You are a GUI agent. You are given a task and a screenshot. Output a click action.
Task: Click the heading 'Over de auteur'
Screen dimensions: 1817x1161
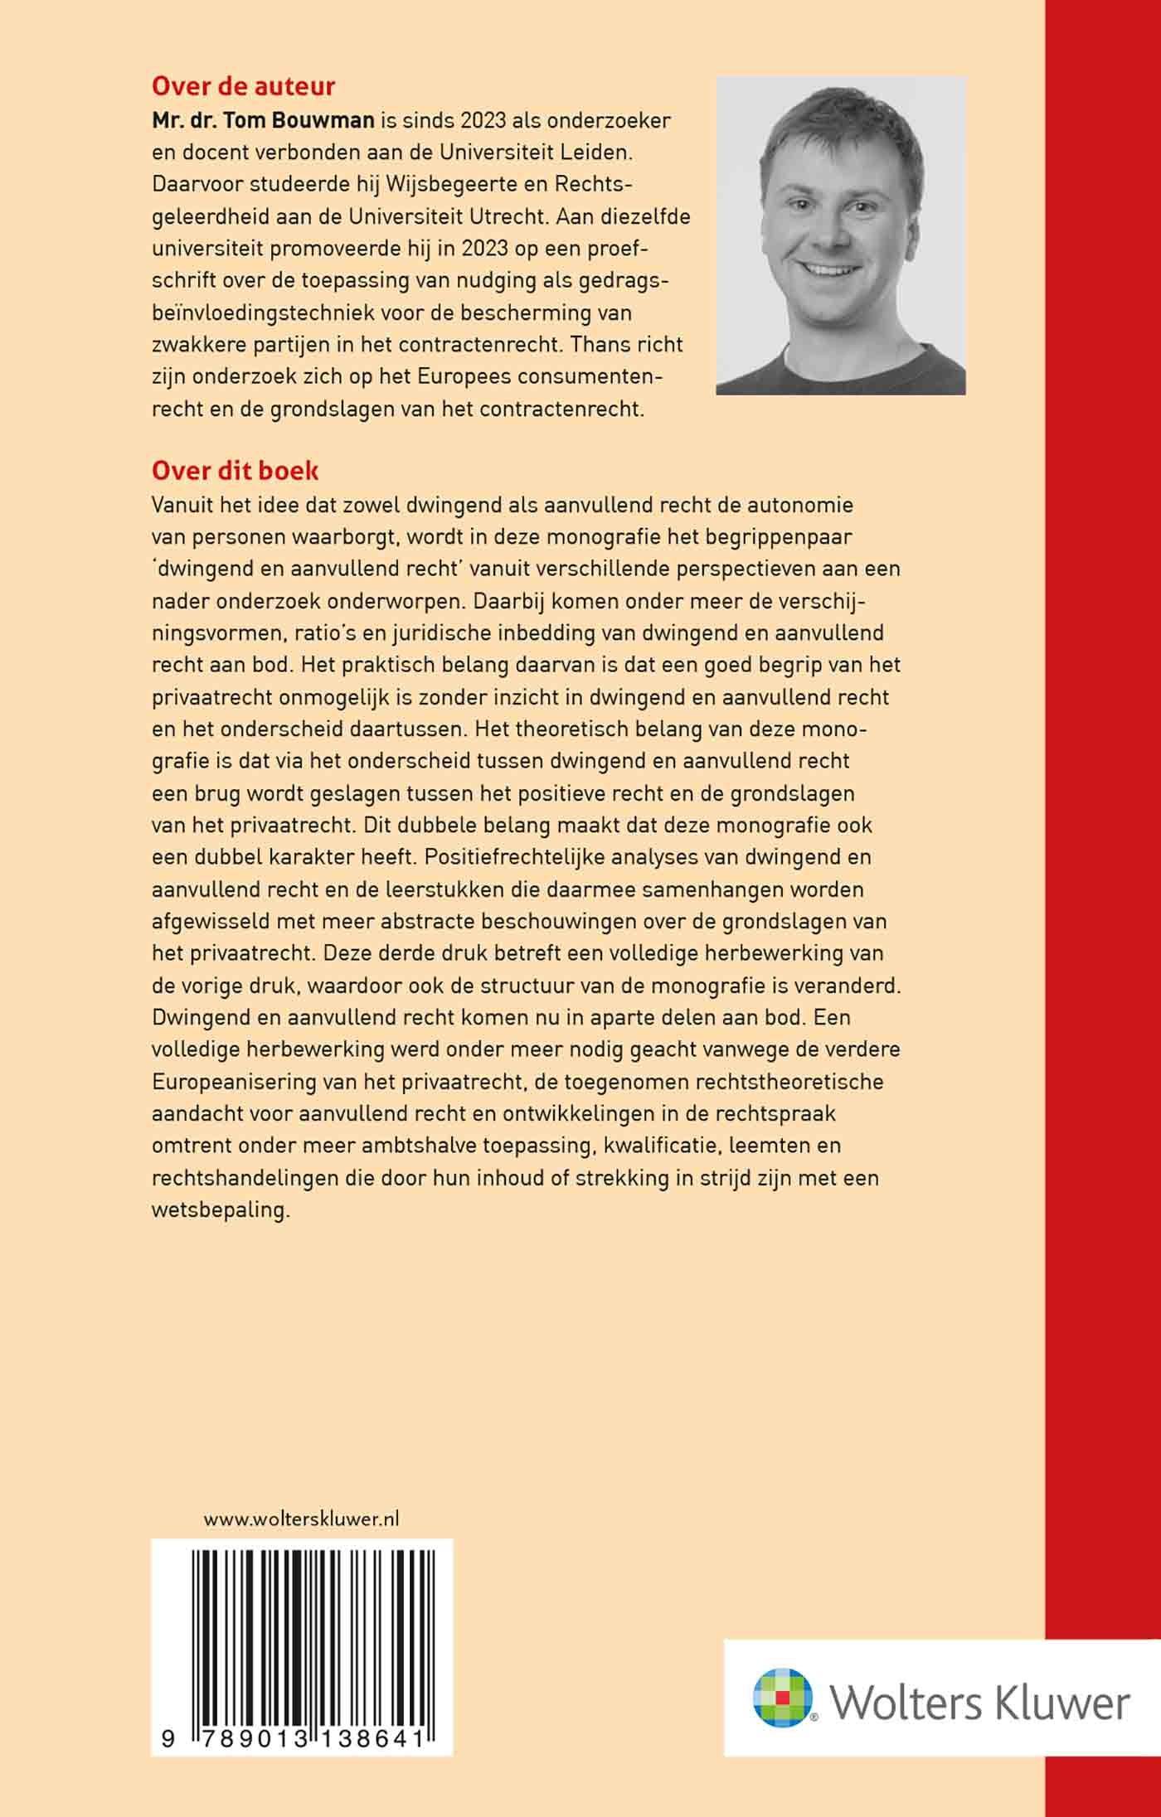[x=243, y=86]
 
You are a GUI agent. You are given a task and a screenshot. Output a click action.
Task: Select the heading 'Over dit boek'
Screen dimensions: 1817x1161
[x=235, y=471]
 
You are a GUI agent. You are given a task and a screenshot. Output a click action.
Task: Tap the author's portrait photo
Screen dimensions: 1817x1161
[x=840, y=235]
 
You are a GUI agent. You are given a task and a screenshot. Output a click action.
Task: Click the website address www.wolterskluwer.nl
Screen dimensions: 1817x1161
[x=301, y=1519]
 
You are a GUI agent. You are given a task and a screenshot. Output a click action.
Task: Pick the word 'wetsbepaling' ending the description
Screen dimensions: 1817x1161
[x=221, y=1209]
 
